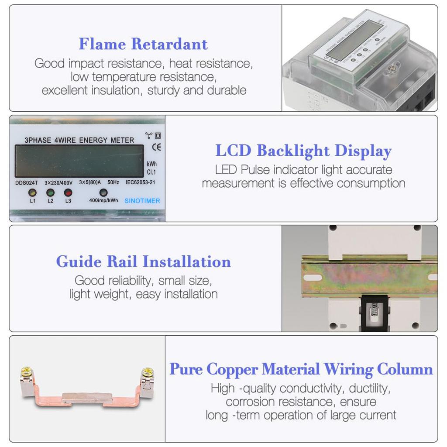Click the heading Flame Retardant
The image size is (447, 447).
(143, 44)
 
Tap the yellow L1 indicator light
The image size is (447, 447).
(32, 193)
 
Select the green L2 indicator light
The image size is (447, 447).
(50, 193)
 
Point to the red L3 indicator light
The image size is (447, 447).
(68, 193)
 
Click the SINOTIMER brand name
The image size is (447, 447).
(142, 201)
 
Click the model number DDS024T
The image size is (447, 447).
(27, 183)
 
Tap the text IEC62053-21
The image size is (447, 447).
(140, 183)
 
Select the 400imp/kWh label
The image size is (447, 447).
(103, 201)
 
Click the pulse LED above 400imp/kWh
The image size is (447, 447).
(103, 193)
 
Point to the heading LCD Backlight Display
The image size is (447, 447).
(303, 151)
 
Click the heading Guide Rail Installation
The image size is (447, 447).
(143, 261)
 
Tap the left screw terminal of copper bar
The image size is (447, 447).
(27, 374)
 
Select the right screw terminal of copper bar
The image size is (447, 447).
(148, 374)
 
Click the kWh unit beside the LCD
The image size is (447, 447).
(152, 164)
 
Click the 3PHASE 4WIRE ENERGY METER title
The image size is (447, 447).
(79, 140)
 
